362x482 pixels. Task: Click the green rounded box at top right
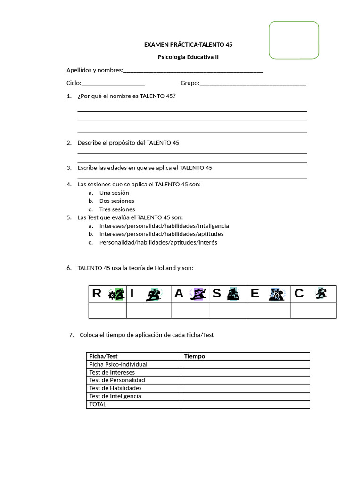[x=294, y=40]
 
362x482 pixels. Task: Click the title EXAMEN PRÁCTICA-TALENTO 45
[x=188, y=45]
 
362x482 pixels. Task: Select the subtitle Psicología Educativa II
[x=188, y=57]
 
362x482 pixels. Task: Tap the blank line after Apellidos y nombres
[x=193, y=71]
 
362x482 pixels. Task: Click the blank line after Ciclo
[x=113, y=84]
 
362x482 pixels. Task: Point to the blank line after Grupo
[x=253, y=84]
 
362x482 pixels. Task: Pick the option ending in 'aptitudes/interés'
[x=158, y=243]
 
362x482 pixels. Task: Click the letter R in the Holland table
[x=97, y=294]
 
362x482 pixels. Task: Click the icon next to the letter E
[x=276, y=294]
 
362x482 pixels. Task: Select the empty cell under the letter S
[x=228, y=310]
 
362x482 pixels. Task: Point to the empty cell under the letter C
[x=313, y=310]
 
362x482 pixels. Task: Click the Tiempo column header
[x=195, y=356]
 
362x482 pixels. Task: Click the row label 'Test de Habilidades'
[x=115, y=388]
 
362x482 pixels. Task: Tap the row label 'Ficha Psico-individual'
[x=118, y=364]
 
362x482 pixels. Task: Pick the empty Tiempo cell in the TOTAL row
[x=245, y=404]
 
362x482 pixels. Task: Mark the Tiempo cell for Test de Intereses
[x=245, y=372]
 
